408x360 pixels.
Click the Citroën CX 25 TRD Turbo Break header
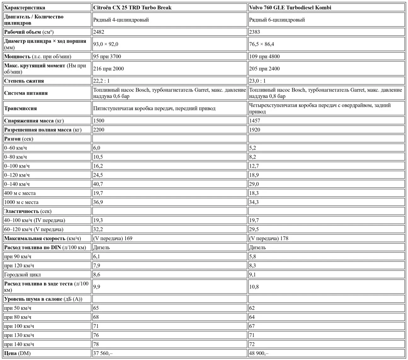click(132, 8)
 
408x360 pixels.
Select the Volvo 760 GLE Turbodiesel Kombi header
click(290, 8)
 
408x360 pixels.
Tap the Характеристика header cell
click(25, 8)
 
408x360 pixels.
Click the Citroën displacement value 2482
click(99, 32)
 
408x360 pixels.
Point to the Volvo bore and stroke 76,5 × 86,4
click(261, 44)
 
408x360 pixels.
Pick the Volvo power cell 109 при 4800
click(264, 56)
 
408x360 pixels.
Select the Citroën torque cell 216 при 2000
click(108, 69)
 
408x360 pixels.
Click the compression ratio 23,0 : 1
click(257, 81)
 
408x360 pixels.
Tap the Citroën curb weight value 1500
click(99, 121)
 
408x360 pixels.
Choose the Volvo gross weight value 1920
click(254, 130)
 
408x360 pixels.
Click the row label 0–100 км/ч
click(17, 166)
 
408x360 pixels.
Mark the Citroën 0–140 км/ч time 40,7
click(98, 184)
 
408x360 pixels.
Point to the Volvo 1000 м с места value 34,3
click(254, 202)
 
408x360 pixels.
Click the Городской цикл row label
click(22, 275)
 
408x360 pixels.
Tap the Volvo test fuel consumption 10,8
click(254, 287)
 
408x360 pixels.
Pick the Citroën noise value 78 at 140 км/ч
click(96, 344)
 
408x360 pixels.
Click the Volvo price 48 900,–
click(259, 353)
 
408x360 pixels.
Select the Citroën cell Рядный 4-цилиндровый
click(121, 20)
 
